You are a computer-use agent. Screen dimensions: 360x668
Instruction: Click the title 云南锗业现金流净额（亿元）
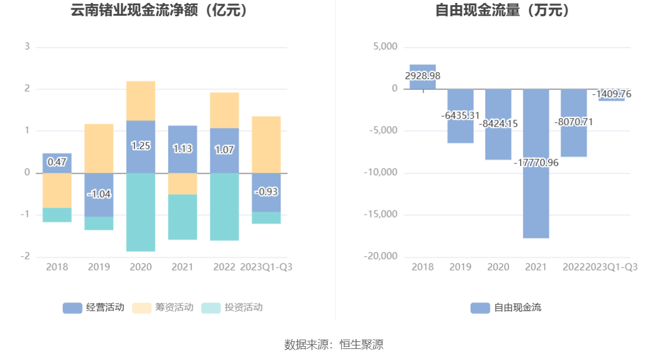(x=159, y=10)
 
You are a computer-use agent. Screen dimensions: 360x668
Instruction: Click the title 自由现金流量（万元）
(x=503, y=10)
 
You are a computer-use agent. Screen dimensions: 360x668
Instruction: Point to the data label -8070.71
(x=574, y=122)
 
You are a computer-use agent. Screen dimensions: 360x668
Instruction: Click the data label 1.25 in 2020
(x=141, y=146)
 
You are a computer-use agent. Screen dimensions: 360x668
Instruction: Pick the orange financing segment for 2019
(x=99, y=148)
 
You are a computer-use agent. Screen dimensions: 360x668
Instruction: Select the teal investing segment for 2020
(x=141, y=212)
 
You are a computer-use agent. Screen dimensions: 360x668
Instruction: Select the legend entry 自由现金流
(x=506, y=308)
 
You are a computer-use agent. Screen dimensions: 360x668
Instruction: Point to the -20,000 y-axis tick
(x=381, y=256)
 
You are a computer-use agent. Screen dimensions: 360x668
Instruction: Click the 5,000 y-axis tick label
(x=385, y=47)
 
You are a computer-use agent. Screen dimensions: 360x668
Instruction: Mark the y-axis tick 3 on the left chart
(x=27, y=47)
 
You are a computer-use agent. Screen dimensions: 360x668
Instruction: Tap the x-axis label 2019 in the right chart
(x=460, y=267)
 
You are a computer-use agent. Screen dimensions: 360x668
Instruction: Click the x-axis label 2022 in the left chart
(x=225, y=267)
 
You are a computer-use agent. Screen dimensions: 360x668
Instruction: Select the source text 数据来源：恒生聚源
(x=333, y=345)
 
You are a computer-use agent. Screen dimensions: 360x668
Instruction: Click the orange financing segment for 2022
(x=225, y=110)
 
